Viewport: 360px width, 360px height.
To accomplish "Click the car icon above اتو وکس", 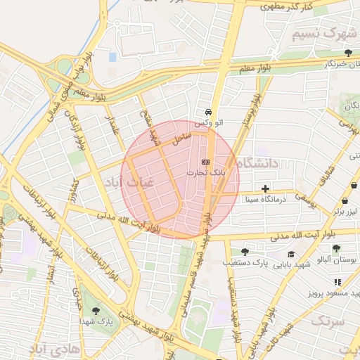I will [208, 112].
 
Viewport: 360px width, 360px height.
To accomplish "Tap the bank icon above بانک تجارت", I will [205, 162].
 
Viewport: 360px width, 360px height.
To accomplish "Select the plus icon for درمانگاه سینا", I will [265, 188].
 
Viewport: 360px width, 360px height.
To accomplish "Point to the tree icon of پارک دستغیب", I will [245, 252].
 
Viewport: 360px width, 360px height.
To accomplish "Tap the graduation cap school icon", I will [291, 254].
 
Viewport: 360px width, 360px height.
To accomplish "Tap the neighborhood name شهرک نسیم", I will [325, 34].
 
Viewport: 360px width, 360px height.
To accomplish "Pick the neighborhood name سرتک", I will [328, 321].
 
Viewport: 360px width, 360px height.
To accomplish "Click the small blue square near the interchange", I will [112, 56].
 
